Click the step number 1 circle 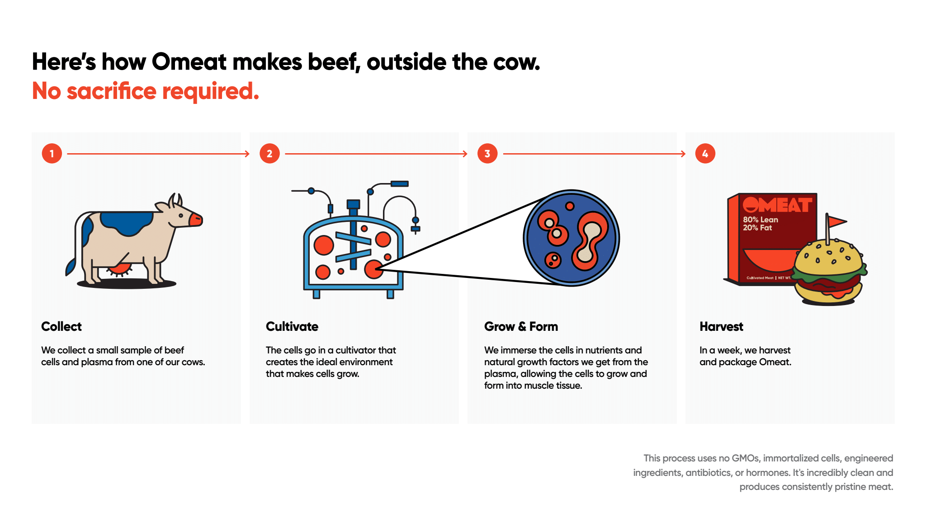coord(52,154)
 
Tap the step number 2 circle coord(269,154)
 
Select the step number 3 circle coord(487,154)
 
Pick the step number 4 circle coord(705,154)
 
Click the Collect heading coord(61,326)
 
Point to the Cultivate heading coord(292,326)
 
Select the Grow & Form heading coord(521,326)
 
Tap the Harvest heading coord(721,326)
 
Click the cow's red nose coord(196,220)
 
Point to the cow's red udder coord(119,269)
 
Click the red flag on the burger coord(836,221)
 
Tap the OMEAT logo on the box coord(777,205)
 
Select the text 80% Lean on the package coord(761,220)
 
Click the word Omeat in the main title coord(189,62)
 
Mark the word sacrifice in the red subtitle coord(112,91)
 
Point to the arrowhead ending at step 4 coord(684,154)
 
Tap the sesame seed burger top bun coord(828,258)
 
